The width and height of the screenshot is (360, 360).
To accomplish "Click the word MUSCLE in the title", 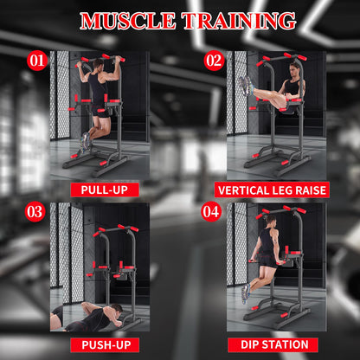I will (x=127, y=20).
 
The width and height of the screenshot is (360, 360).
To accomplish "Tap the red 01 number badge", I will (x=36, y=60).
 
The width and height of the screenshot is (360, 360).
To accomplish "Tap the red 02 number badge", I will (x=214, y=60).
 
